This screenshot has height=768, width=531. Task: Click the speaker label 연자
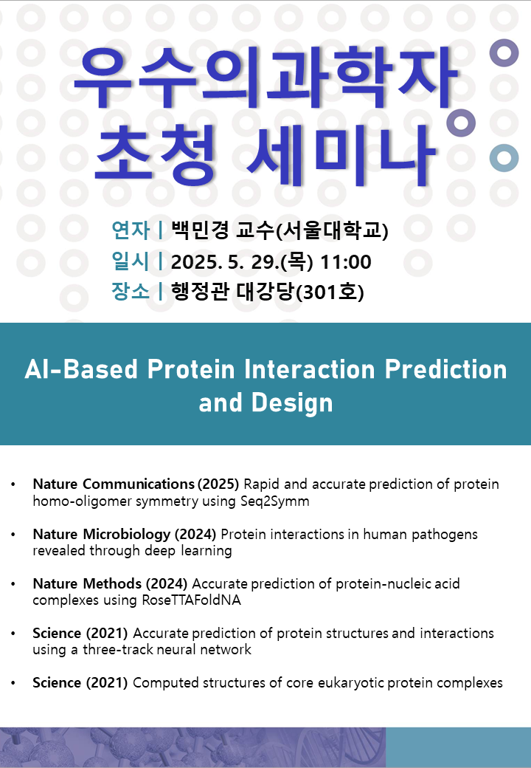click(131, 230)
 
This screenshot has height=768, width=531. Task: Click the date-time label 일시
click(130, 261)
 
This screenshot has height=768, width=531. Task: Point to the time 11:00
click(346, 262)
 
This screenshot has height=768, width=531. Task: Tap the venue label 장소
click(130, 292)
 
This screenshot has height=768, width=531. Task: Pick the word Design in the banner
click(292, 402)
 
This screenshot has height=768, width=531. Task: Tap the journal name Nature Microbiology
click(102, 534)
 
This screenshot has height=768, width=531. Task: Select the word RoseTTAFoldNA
click(191, 600)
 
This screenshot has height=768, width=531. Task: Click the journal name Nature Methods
click(87, 583)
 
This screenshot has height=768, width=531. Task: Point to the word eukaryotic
click(350, 683)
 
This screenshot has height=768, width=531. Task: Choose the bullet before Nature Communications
click(13, 484)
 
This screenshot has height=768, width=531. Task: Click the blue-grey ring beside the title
click(504, 158)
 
